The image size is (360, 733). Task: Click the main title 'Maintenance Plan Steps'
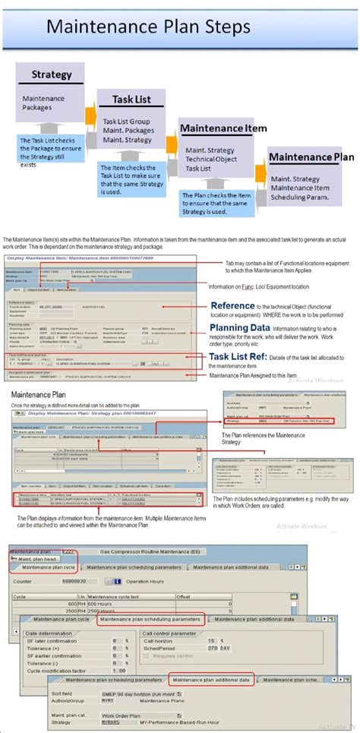(148, 27)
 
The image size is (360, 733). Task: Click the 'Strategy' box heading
(52, 74)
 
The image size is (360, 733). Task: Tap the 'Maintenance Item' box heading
(223, 128)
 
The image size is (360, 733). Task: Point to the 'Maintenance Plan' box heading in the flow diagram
(311, 157)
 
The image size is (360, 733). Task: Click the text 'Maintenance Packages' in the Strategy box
(43, 103)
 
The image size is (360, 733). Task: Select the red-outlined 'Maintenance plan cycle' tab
(49, 567)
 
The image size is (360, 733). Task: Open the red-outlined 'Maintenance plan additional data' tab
(213, 680)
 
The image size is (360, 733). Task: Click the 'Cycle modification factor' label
(58, 671)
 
